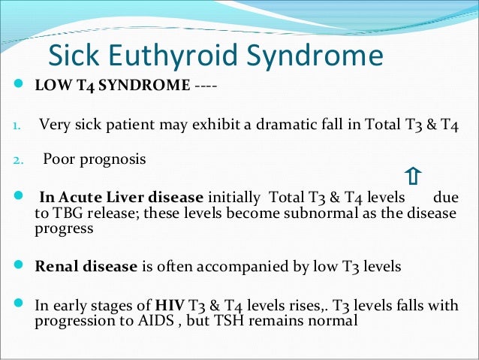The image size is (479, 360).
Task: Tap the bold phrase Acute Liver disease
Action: tap(120, 198)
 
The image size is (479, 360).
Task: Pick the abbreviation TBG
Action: tap(65, 213)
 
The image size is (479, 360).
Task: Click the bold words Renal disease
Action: tap(86, 266)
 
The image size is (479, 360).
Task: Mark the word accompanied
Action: tap(233, 266)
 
